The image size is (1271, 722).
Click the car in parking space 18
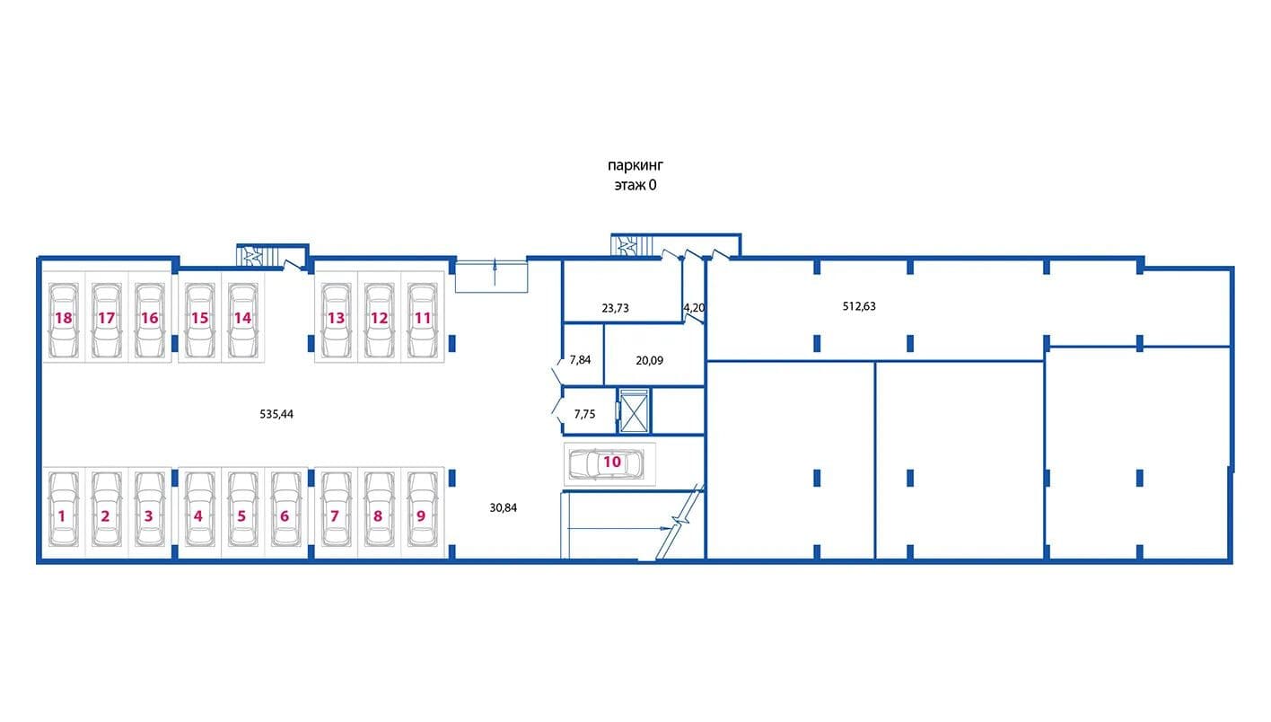click(x=64, y=320)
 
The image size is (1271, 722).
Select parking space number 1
click(x=64, y=510)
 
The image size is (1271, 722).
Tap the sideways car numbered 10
click(x=607, y=464)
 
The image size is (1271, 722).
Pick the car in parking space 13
click(x=336, y=320)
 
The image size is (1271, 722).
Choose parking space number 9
click(x=423, y=510)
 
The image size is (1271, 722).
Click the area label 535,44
click(x=276, y=414)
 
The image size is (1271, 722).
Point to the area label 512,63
click(x=859, y=306)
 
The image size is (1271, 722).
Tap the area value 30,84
click(x=504, y=508)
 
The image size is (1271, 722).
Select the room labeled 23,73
click(x=622, y=291)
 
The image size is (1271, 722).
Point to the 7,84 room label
click(x=580, y=360)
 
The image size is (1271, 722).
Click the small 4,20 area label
click(x=694, y=308)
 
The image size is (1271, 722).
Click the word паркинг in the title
click(x=635, y=166)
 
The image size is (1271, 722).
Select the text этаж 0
click(x=635, y=185)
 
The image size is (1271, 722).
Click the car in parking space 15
click(x=200, y=320)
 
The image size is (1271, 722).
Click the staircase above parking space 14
click(x=259, y=256)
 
